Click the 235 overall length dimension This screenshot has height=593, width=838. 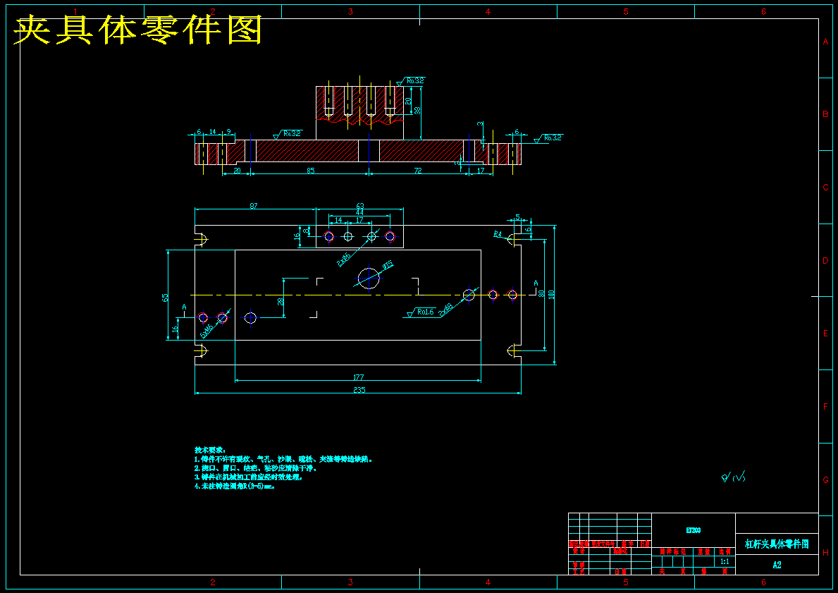pos(359,389)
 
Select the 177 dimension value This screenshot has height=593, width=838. pos(359,377)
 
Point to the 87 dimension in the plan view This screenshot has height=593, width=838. pos(254,206)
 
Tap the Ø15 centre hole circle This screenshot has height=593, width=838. pos(369,279)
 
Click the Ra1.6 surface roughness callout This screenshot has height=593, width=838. pos(424,312)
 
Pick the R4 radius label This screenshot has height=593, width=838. pos(498,233)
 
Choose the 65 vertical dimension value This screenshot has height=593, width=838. pos(166,297)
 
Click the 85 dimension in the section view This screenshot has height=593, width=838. pos(310,171)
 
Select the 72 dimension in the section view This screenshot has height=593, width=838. pos(417,171)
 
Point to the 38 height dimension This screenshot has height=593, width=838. pos(417,110)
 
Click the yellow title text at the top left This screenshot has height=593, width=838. pos(138,30)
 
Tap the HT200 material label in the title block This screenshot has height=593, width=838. pos(693,530)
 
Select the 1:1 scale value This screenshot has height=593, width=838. pos(725,562)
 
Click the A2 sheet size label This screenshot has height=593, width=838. pos(777,564)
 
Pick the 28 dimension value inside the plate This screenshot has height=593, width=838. pos(281,301)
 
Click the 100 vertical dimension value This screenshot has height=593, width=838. pos(552,293)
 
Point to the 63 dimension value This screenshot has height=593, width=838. pos(359,206)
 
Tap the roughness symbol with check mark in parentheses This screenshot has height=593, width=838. pos(733,478)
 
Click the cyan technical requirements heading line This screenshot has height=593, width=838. pos(209,449)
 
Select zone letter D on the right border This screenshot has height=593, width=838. pos(825,260)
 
